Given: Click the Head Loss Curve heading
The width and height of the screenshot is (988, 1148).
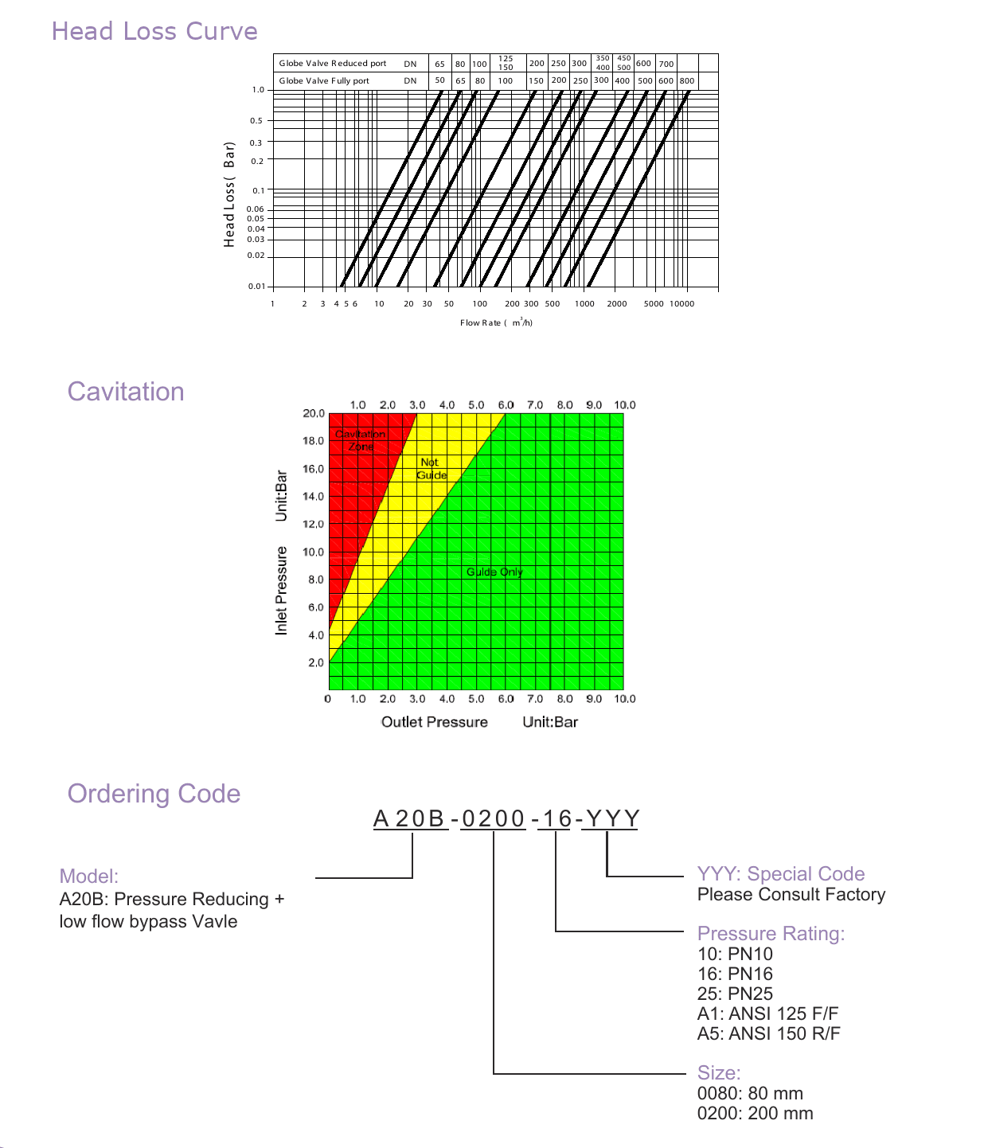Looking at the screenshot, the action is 154,32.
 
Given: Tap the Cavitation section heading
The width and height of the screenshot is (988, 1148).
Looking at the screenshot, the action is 126,392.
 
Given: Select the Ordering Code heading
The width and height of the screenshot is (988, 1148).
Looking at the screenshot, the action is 154,794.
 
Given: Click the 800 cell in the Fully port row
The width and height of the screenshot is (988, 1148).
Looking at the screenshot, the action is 687,80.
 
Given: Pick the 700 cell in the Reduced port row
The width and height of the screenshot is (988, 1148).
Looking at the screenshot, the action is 666,64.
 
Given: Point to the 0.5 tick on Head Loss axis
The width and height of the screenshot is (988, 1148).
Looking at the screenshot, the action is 256,120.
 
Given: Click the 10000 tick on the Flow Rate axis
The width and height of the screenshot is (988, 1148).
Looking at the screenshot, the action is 682,304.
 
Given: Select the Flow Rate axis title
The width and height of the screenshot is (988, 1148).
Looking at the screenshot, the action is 496,322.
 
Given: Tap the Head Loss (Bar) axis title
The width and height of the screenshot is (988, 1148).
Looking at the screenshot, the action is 228,194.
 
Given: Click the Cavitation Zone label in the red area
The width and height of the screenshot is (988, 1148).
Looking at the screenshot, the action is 361,440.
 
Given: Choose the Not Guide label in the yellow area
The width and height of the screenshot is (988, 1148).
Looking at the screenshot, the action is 431,469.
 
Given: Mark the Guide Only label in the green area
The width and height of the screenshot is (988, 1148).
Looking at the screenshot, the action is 494,572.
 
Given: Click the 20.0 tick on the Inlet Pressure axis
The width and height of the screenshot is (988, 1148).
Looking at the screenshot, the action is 314,413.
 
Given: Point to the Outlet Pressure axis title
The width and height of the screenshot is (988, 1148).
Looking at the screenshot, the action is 435,722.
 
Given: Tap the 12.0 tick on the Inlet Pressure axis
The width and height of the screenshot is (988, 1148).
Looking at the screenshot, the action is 313,524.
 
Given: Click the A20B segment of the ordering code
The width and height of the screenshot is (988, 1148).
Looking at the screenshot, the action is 409,818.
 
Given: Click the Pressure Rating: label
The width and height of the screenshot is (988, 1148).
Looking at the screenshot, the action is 771,934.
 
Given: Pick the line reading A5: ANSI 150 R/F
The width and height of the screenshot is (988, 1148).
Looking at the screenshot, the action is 768,1033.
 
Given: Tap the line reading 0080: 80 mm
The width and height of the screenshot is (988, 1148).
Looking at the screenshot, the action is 750,1094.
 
